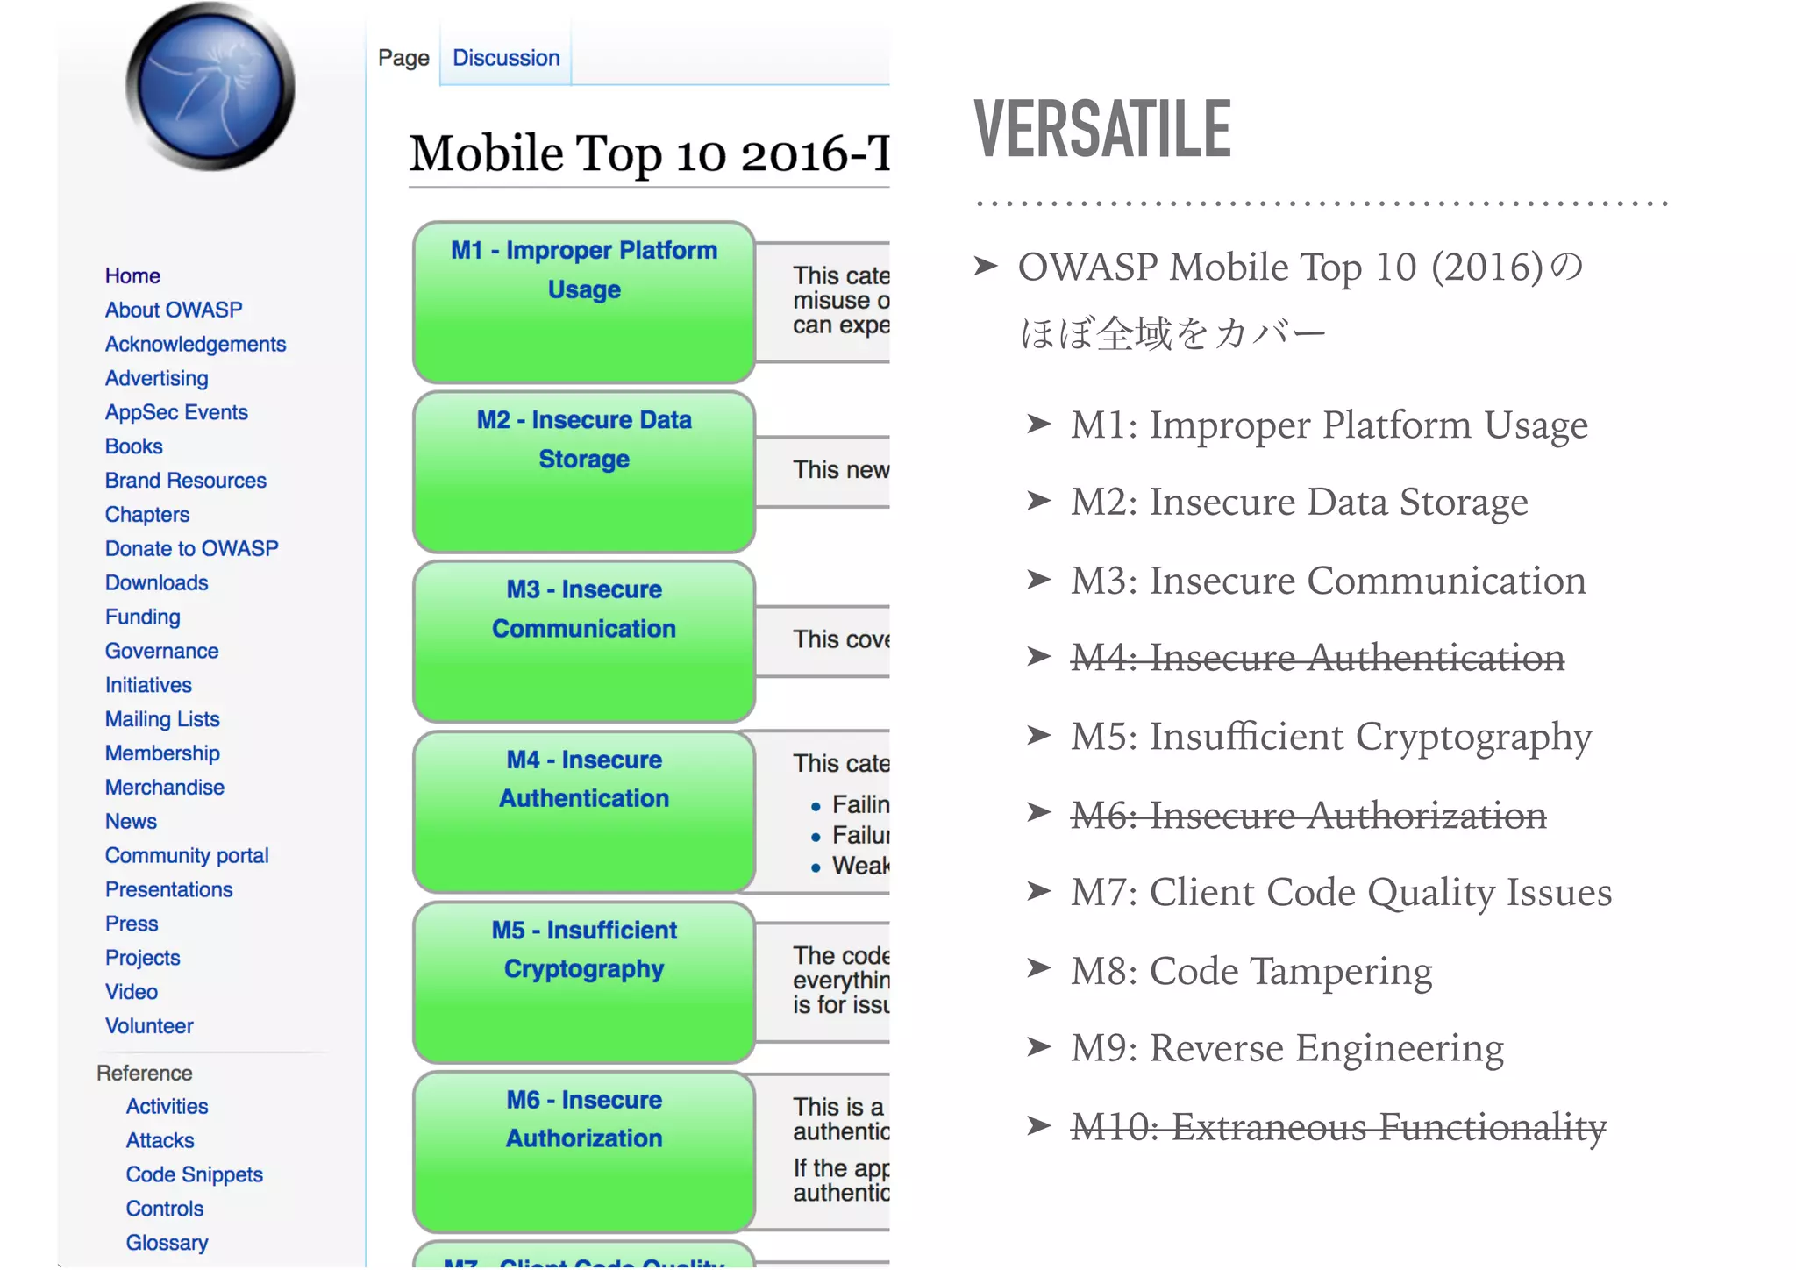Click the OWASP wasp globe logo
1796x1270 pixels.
click(210, 87)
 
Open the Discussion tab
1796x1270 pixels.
click(506, 58)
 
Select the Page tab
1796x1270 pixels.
click(403, 58)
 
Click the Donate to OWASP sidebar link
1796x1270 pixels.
click(191, 548)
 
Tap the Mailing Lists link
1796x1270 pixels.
click(162, 719)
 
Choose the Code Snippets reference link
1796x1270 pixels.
click(194, 1174)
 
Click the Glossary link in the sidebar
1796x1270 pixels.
click(167, 1243)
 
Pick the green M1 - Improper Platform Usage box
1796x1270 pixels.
click(584, 302)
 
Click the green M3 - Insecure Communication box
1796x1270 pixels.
click(584, 641)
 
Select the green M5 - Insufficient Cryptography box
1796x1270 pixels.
click(584, 981)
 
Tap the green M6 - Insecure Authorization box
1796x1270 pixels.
click(584, 1152)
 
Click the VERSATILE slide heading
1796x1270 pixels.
click(1102, 130)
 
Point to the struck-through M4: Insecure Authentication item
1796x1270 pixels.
click(1317, 658)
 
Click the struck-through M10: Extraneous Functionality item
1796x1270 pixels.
click(1338, 1127)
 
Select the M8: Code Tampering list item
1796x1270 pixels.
click(1251, 971)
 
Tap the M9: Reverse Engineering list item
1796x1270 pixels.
click(1286, 1048)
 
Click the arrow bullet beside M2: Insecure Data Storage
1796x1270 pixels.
click(1039, 502)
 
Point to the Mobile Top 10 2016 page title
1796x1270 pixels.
click(649, 154)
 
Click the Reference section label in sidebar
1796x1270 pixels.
click(145, 1073)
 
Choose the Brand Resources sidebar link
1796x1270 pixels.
click(186, 481)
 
